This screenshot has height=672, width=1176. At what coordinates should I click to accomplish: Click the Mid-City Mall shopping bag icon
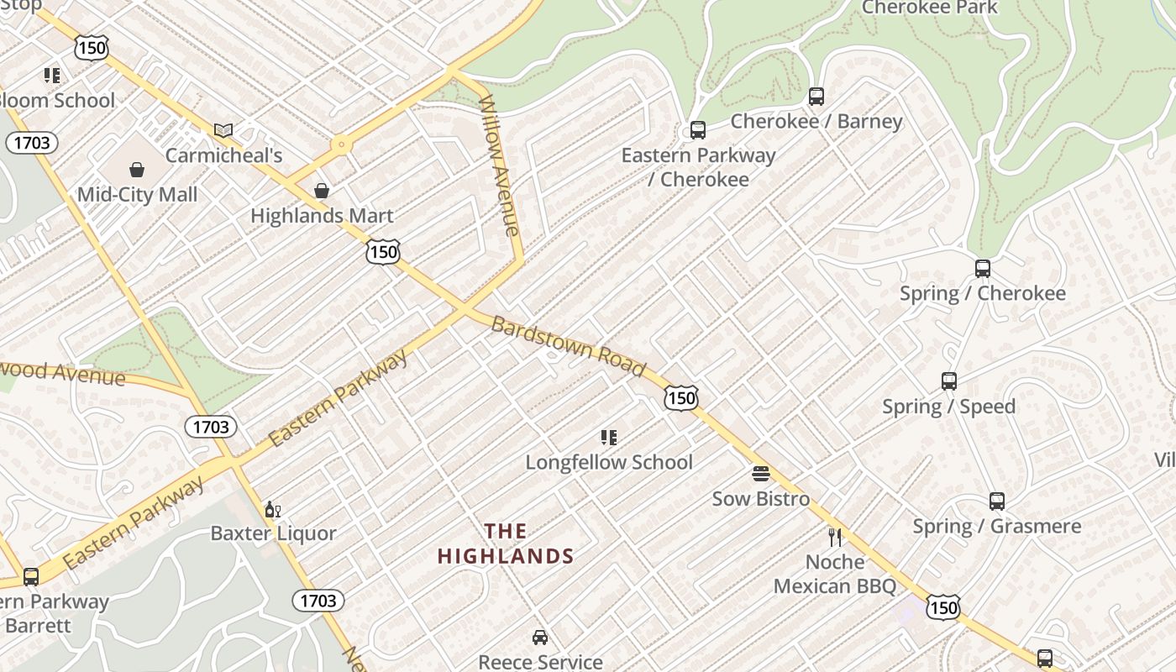coord(137,171)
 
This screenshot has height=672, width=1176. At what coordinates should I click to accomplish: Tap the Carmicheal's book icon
coord(223,130)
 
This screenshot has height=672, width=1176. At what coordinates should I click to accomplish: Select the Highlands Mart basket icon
coord(321,192)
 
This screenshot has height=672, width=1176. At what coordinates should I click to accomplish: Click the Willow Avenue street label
coord(500,166)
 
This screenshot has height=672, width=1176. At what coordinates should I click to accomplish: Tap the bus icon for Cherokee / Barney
coord(816,97)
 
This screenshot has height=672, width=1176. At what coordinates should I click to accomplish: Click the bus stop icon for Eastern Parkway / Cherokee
coord(697,130)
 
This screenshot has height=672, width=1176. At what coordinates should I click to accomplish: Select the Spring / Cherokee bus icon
coord(982,269)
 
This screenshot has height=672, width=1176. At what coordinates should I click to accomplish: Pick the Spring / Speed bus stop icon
coord(948,381)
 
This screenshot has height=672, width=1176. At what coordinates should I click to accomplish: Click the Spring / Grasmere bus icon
coord(996,501)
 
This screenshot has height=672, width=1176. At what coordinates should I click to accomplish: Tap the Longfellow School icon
coord(609,438)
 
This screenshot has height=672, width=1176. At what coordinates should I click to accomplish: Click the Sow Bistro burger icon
coord(760,475)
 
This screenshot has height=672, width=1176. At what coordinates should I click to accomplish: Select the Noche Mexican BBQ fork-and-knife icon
coord(834,537)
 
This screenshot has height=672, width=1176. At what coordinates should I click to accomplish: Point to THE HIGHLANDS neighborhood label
coord(506,543)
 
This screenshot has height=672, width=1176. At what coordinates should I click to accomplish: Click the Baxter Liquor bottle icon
coord(272,509)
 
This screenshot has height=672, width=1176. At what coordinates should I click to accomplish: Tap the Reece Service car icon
coord(540,638)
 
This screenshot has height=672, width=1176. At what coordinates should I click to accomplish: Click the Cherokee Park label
coord(930,8)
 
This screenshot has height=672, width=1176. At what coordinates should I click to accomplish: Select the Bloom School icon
coord(52,76)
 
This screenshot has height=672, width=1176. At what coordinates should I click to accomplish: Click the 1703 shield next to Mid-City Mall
coord(31,143)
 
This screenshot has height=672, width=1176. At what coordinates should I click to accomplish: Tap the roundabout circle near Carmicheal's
coord(340,144)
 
